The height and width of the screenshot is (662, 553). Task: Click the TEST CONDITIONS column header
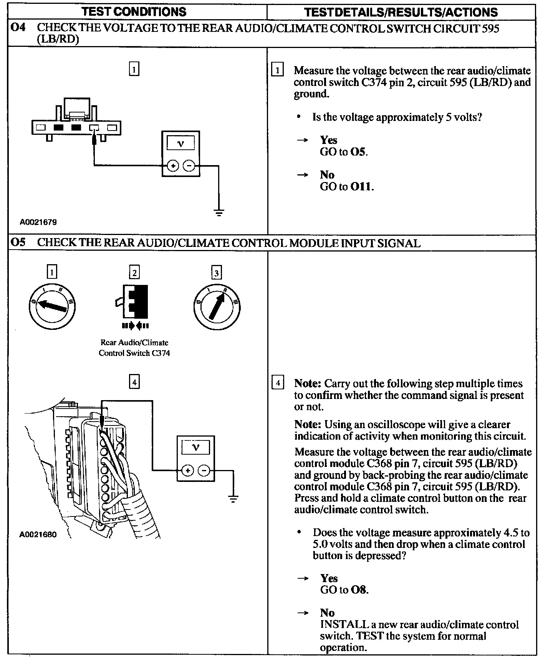coord(134,12)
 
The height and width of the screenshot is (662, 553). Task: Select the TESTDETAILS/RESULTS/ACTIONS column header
coord(401,12)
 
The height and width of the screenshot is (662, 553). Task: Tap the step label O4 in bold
coord(18,28)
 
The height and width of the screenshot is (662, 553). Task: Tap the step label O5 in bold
coord(18,243)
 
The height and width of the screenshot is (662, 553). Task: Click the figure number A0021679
coord(38,222)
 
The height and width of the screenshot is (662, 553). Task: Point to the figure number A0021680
coord(38,534)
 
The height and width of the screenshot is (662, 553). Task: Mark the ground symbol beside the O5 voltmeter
coord(233,499)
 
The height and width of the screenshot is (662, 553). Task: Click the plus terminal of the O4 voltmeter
coord(173,166)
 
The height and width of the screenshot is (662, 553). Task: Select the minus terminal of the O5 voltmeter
coord(204,470)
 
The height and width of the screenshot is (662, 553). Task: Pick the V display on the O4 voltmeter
coord(180,144)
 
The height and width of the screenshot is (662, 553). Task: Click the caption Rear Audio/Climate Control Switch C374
coord(134,348)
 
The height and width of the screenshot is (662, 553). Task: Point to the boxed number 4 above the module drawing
coord(134,382)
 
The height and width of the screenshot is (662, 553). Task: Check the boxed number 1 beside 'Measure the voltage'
coord(277,70)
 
